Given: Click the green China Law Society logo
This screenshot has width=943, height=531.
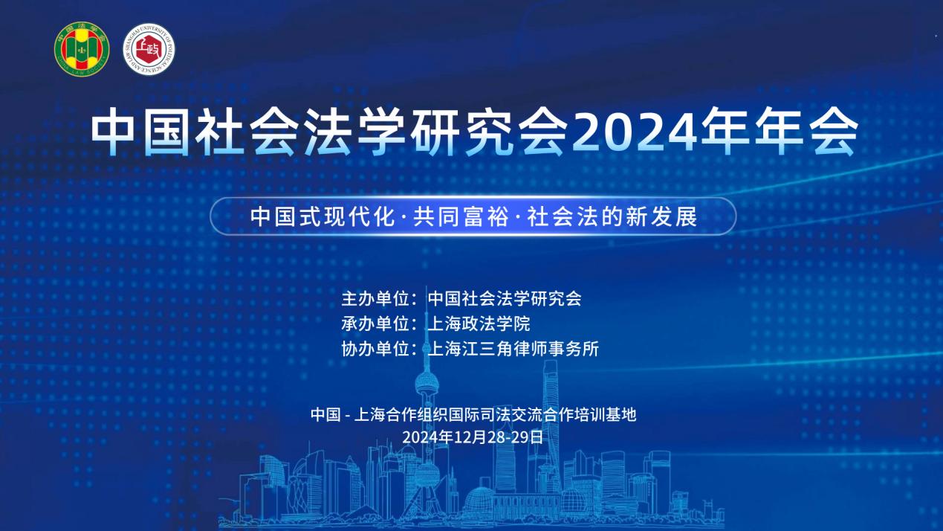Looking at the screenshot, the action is click(x=82, y=49).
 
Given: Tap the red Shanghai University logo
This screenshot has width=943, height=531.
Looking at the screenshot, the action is click(x=149, y=49).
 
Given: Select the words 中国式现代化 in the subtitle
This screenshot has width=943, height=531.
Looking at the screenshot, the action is click(x=323, y=216).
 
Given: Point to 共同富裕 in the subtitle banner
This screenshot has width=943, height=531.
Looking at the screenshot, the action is click(x=461, y=216).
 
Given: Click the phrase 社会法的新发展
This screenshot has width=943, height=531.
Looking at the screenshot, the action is click(x=612, y=216).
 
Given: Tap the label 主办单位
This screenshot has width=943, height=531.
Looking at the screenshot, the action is click(x=375, y=299).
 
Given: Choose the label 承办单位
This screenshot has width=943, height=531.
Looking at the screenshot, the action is click(x=375, y=324).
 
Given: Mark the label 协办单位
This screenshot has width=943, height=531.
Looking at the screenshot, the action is click(x=375, y=349).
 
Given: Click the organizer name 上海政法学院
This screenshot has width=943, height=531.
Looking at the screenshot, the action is click(x=479, y=324).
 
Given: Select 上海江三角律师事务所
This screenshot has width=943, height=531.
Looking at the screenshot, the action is click(x=513, y=349).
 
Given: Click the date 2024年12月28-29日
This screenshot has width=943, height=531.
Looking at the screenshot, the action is click(x=473, y=437).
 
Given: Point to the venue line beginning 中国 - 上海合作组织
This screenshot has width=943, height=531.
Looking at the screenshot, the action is click(x=473, y=415).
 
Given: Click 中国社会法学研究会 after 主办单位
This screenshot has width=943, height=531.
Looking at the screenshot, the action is click(x=505, y=299).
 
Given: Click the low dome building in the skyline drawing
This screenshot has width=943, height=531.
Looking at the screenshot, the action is click(x=476, y=503).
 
